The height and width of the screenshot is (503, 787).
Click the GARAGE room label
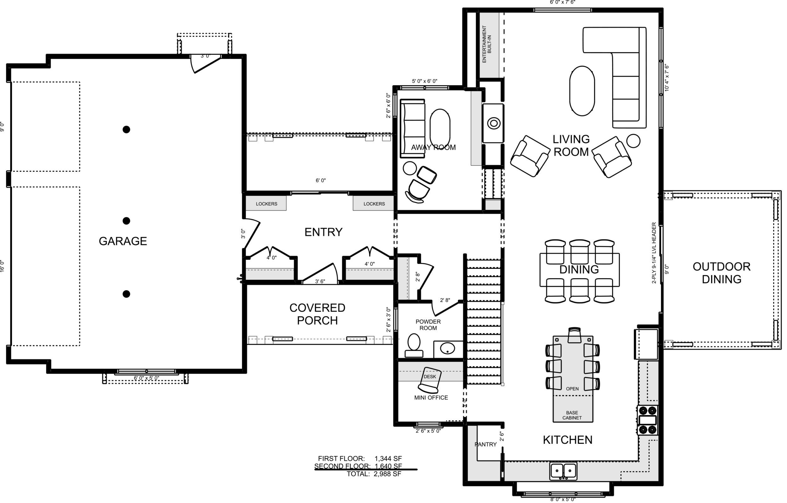click(x=123, y=241)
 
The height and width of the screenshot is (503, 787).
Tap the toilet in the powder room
click(x=414, y=345)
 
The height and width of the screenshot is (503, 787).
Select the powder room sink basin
click(x=447, y=348)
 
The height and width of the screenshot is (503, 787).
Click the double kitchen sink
click(x=563, y=471)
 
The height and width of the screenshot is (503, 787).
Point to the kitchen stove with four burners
click(x=648, y=420)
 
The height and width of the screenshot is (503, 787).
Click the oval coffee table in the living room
click(x=582, y=91)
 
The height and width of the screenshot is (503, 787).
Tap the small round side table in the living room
click(x=633, y=141)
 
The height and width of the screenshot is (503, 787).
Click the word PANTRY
click(x=486, y=444)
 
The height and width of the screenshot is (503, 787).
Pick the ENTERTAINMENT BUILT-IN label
click(x=487, y=44)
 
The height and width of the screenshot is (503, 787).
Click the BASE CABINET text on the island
click(x=572, y=415)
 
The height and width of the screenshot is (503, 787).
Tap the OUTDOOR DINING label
click(x=722, y=273)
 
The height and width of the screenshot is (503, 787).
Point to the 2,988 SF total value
click(x=387, y=474)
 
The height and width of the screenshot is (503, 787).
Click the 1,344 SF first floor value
click(x=388, y=459)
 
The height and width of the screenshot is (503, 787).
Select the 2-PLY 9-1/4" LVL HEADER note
click(x=654, y=253)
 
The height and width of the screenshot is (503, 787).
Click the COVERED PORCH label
click(x=317, y=314)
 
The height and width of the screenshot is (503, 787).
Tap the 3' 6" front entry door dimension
click(x=320, y=281)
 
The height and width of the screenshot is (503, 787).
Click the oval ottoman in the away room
click(x=440, y=128)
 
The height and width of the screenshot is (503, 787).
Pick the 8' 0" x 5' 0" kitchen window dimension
click(x=563, y=500)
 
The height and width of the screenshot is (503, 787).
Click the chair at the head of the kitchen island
click(x=574, y=335)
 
